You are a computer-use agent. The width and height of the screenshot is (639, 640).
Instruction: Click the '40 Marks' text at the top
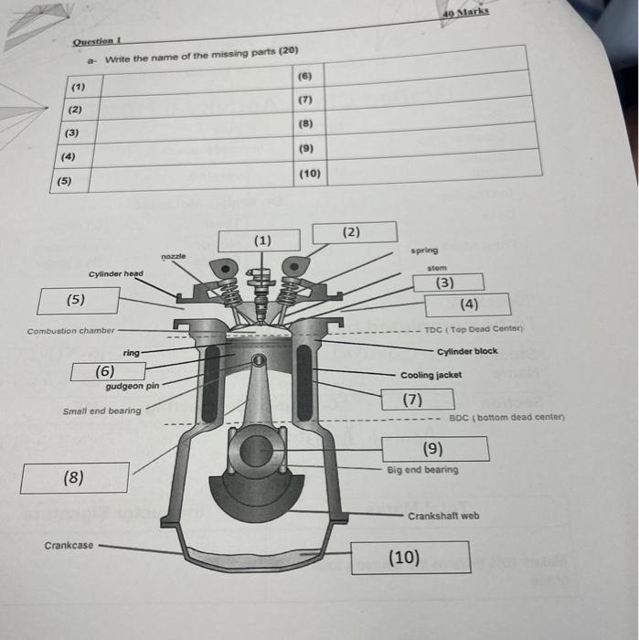pos(464,13)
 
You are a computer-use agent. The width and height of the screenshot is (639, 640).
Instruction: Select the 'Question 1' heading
pos(98,41)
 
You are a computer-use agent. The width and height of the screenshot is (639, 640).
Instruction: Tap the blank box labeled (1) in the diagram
pos(259,240)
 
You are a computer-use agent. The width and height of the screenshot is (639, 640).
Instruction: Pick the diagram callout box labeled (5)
pos(79,300)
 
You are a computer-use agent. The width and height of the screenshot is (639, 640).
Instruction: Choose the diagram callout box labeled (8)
pos(74,477)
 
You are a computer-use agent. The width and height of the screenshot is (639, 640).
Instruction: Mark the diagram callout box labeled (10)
pos(410,557)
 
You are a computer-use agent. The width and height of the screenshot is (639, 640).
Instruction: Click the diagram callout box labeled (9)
pos(435,448)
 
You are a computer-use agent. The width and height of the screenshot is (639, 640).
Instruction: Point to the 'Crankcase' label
pos(69,546)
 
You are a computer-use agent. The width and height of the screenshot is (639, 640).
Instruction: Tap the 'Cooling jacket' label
pos(431,375)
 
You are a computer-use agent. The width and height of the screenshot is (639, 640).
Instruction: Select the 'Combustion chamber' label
pos(71,331)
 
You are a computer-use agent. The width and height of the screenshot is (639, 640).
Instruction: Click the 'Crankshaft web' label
pos(443,516)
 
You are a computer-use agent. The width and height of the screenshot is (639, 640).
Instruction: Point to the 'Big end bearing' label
pos(422,470)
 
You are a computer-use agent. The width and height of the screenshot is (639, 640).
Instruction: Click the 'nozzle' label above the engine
pos(173,257)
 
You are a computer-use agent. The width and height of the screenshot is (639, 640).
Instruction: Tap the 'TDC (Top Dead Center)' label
pos(473,330)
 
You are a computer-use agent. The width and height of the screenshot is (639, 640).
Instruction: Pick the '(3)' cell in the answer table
pos(71,133)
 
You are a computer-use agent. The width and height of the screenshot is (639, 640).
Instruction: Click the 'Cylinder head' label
pos(116,273)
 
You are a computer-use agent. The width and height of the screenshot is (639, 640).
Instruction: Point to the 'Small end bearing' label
pos(101,411)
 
